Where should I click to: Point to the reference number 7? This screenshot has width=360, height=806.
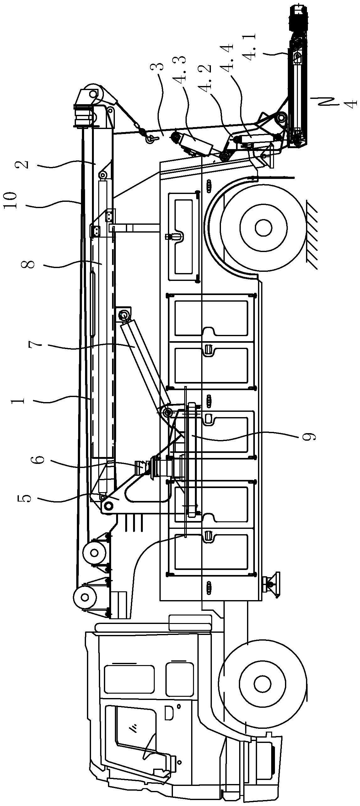click(35, 344)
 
